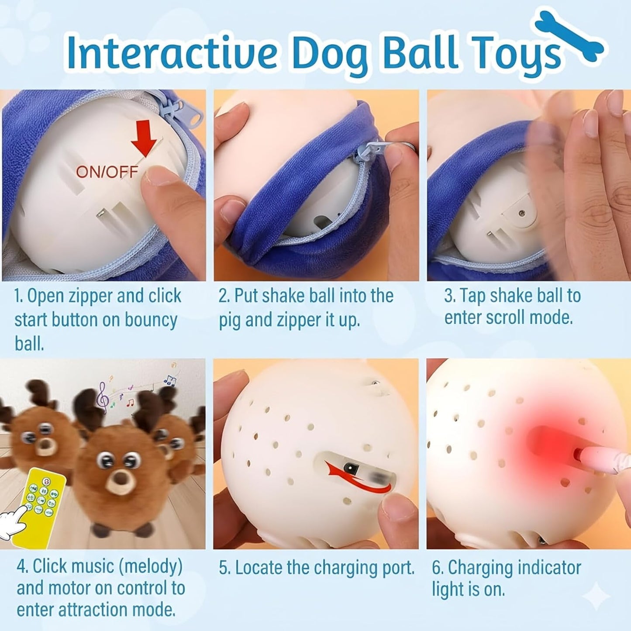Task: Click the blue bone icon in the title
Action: click(x=571, y=37)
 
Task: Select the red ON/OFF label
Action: click(x=107, y=172)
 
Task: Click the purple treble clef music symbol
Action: click(x=103, y=397)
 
